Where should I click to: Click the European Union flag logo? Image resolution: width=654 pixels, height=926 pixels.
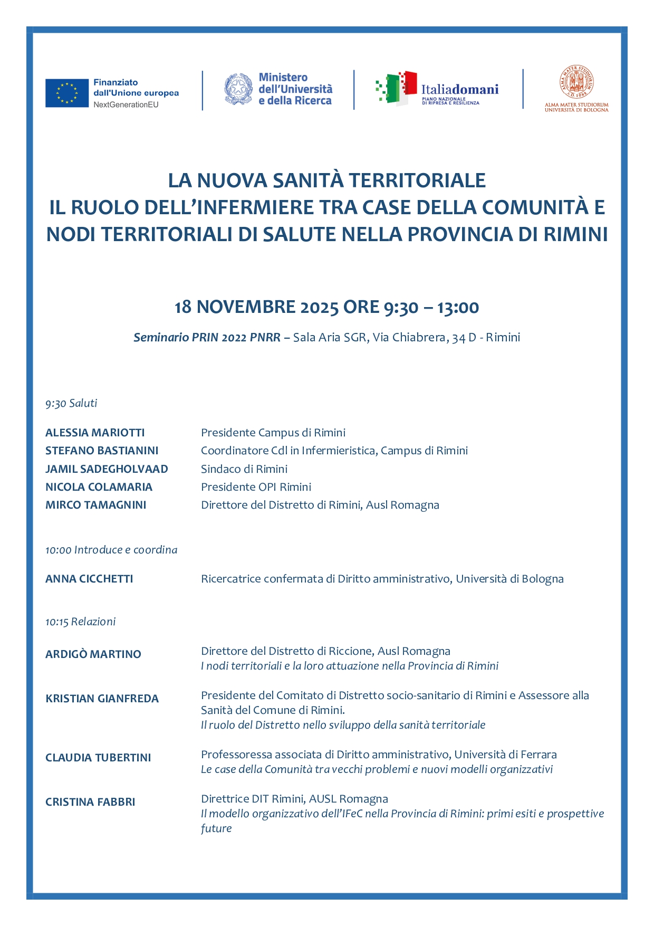[66, 93]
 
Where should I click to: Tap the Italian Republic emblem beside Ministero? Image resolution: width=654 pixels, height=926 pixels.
[238, 89]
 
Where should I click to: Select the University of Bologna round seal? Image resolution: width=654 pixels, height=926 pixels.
[576, 82]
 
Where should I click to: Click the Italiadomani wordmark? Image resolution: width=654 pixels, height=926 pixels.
[459, 89]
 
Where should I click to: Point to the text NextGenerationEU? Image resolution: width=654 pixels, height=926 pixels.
[126, 104]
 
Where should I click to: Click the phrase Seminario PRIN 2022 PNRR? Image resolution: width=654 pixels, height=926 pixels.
[207, 337]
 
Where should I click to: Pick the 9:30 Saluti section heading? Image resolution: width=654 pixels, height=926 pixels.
[71, 404]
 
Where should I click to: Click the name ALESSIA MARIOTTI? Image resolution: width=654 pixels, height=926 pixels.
[95, 433]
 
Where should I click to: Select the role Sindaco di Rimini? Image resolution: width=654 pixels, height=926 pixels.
[244, 469]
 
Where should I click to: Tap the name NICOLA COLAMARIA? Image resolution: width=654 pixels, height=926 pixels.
[99, 487]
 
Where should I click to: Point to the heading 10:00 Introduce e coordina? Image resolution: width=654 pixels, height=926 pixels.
[111, 550]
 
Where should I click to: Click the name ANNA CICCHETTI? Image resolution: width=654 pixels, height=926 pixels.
[89, 579]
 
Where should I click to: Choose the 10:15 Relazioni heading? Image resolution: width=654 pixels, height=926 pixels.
[80, 622]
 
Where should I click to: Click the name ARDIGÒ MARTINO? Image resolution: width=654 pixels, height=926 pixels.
[93, 654]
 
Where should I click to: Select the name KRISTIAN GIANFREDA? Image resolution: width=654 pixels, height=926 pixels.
[102, 699]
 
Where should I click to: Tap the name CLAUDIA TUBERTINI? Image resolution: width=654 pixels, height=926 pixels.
[98, 758]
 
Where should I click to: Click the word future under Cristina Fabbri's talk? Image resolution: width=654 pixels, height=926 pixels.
[216, 828]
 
